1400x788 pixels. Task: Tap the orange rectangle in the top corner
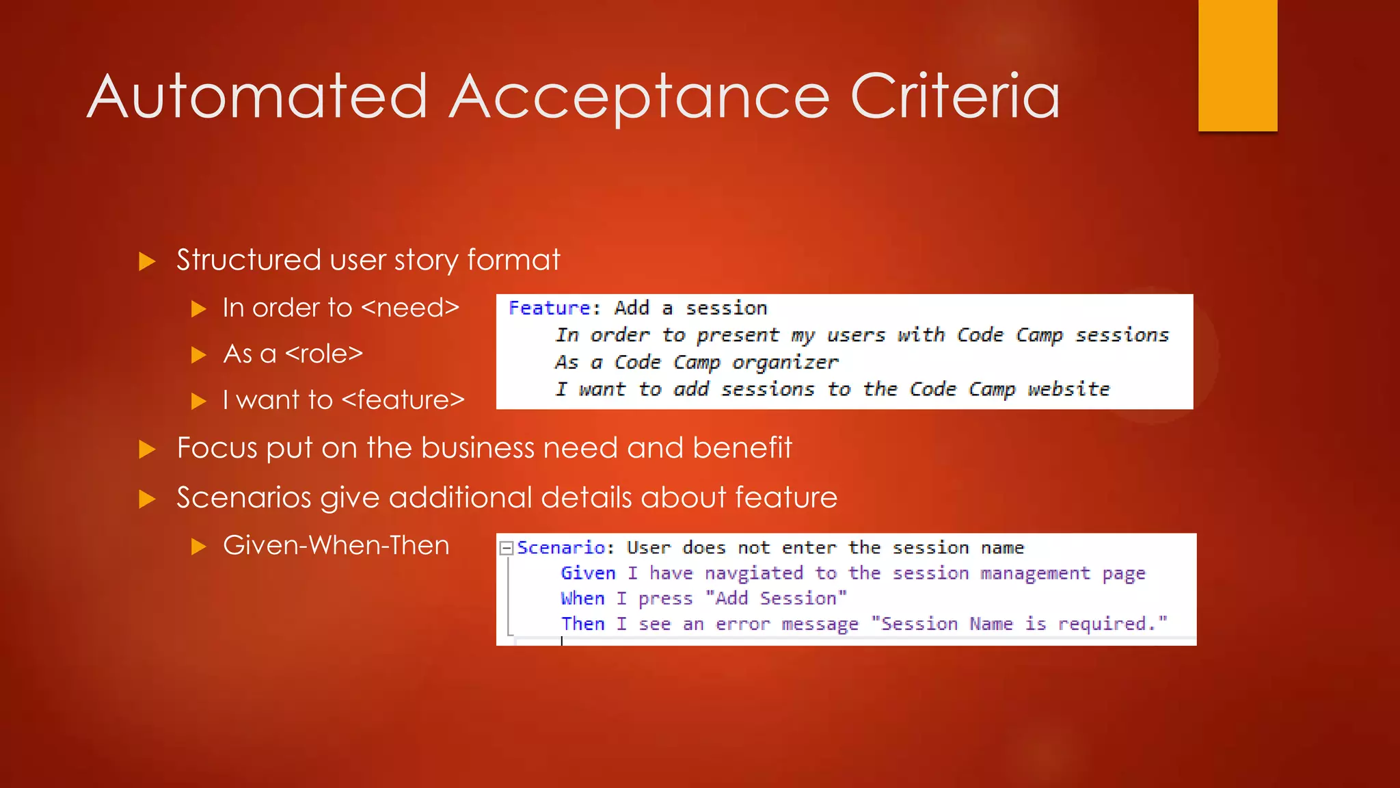pos(1237,65)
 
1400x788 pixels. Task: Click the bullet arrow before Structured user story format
pos(147,261)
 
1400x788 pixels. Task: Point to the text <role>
pos(323,354)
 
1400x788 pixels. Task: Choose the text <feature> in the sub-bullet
pos(403,400)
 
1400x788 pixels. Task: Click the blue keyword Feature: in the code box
pos(554,308)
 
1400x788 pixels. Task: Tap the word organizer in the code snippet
pos(785,363)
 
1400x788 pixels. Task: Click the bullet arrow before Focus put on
pos(147,449)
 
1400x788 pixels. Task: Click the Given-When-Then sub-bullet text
pos(336,546)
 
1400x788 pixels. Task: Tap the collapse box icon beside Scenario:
pos(507,548)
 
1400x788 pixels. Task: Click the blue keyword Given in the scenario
pos(588,573)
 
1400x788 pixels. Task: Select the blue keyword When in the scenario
pos(582,599)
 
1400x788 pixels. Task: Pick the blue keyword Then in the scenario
pos(582,624)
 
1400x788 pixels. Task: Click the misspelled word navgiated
pos(753,573)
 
